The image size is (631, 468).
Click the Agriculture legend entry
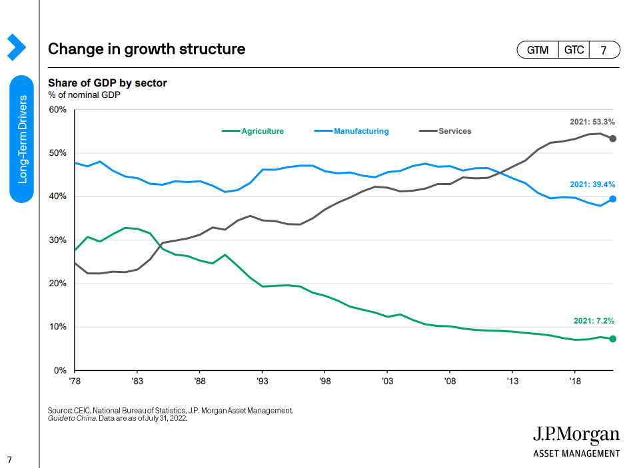click(x=253, y=131)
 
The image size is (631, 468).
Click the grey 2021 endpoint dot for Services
click(x=612, y=138)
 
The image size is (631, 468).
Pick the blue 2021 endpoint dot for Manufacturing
click(x=612, y=199)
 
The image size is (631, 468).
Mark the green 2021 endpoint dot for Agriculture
click(x=612, y=339)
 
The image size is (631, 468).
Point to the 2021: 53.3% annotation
click(x=592, y=122)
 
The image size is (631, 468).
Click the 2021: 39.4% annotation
click(x=592, y=184)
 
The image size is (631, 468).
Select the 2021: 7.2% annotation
click(x=594, y=321)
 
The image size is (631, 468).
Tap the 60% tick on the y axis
click(x=57, y=109)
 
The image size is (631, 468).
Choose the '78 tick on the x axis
click(x=75, y=382)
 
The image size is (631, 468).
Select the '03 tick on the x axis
click(x=388, y=382)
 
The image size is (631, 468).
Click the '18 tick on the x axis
click(x=575, y=382)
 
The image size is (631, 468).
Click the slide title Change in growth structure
click(x=147, y=49)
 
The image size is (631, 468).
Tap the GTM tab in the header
click(x=538, y=50)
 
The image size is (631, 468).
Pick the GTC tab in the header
click(x=574, y=50)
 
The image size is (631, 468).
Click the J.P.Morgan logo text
click(x=576, y=435)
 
